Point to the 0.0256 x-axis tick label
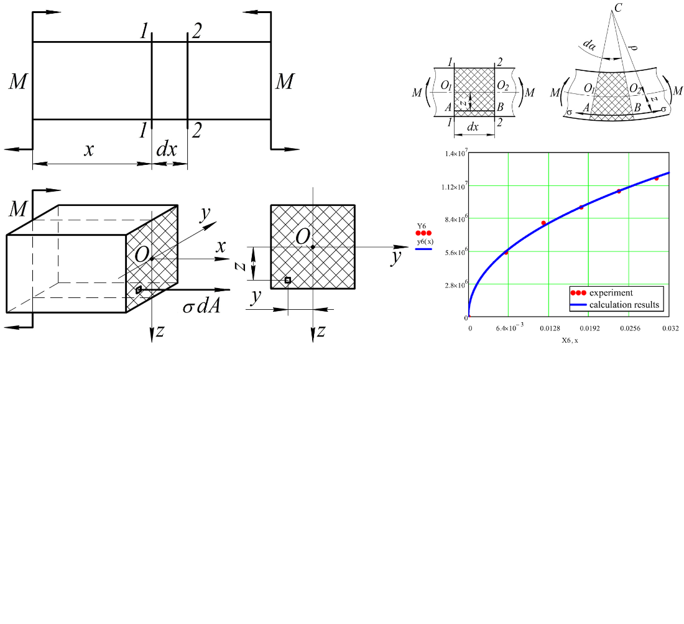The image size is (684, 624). (x=629, y=327)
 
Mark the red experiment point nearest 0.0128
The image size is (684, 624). (x=543, y=223)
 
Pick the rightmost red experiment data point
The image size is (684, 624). (x=657, y=179)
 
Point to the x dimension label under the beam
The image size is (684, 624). (x=89, y=150)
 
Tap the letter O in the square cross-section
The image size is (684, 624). (x=303, y=236)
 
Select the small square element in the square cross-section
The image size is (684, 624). (x=287, y=281)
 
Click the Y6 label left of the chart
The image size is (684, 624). (x=422, y=226)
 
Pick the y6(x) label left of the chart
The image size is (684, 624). (x=423, y=241)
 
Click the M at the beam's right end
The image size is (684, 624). (x=284, y=81)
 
